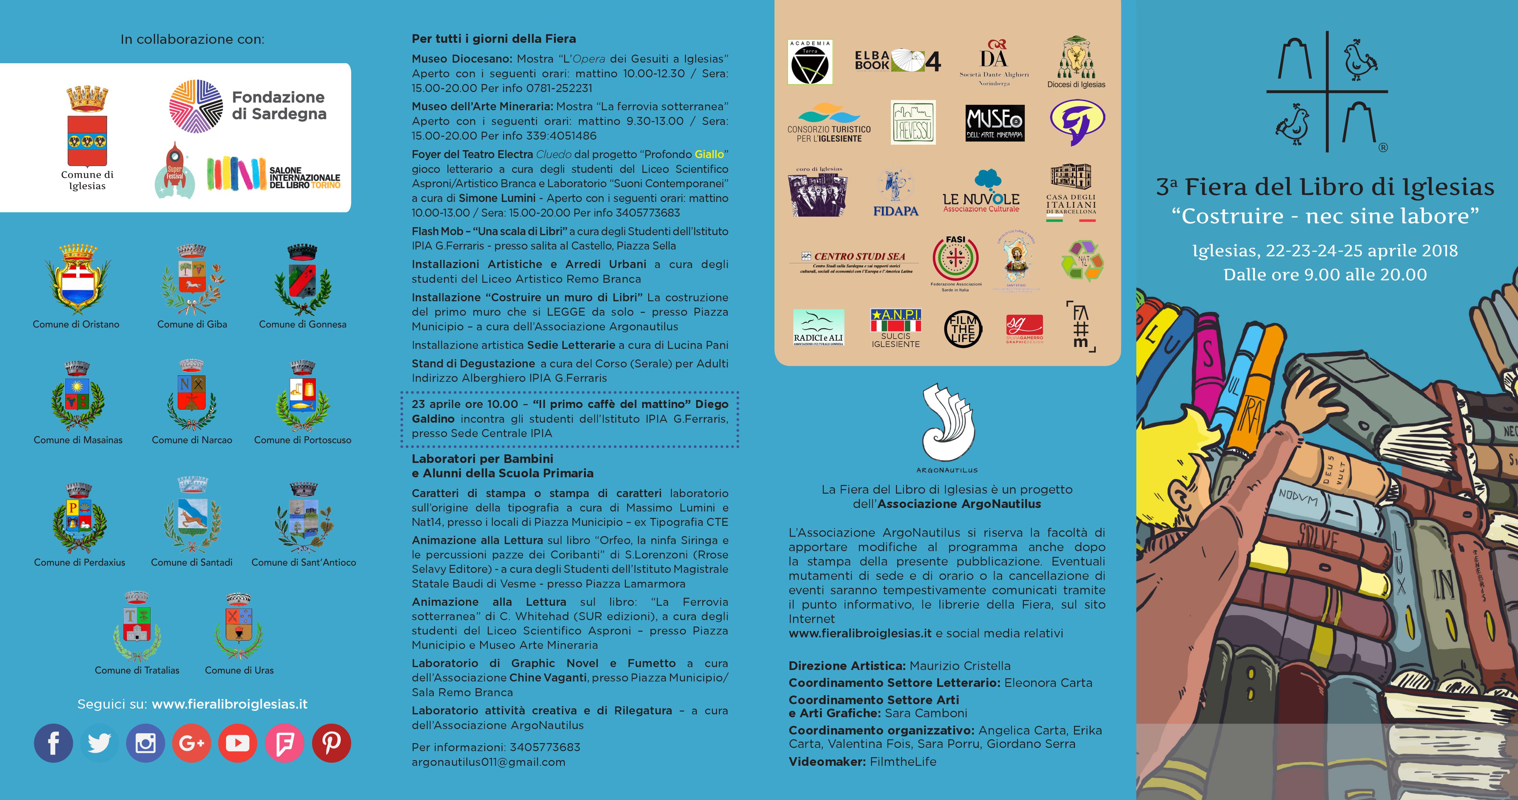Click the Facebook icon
(x=53, y=743)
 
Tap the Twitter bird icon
(x=99, y=743)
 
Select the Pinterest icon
(x=331, y=743)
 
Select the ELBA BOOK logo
(x=898, y=61)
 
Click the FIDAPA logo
(x=896, y=193)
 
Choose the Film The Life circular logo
(x=962, y=329)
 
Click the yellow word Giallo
(x=709, y=154)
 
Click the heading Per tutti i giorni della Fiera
(x=494, y=39)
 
